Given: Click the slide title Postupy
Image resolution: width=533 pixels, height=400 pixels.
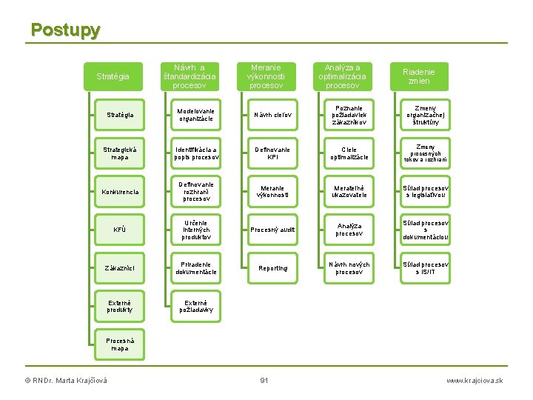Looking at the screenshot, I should pos(65,30).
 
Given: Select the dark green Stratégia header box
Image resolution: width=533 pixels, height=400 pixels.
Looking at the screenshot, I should pos(113,76).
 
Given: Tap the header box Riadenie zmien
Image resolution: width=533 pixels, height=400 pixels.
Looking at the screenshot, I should pos(418,76).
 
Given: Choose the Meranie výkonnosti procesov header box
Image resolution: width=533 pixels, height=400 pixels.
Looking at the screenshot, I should pos(266,76).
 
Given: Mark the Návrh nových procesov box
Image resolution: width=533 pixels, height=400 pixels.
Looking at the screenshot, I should pos(349,267).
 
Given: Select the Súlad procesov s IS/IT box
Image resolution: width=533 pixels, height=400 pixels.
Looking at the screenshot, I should pos(425,267).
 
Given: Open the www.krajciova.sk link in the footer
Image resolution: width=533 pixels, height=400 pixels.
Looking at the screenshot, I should pos(475,381).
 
